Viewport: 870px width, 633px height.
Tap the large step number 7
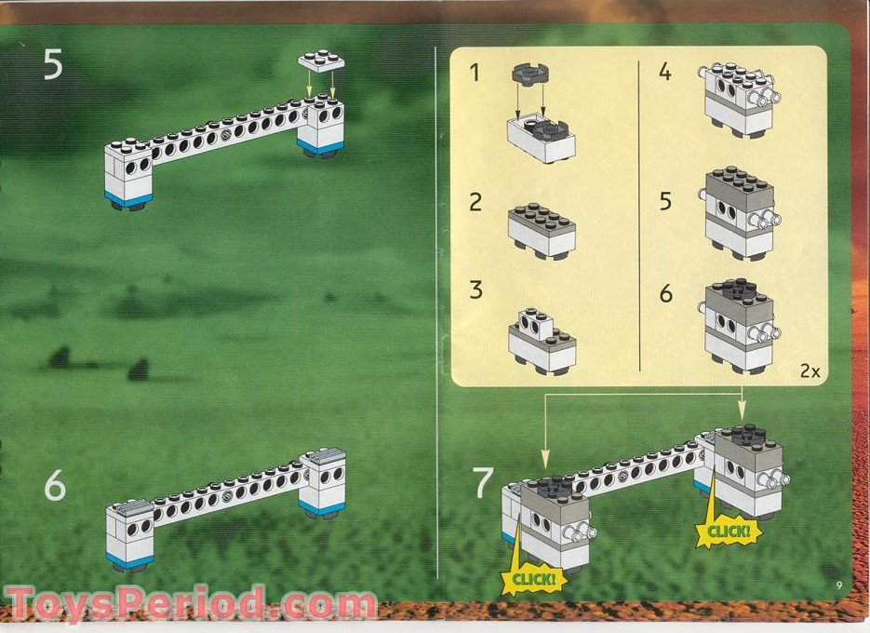point(482,483)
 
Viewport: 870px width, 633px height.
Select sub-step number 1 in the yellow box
point(475,71)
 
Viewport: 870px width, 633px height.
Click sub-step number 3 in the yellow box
point(475,289)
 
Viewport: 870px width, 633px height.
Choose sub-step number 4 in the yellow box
point(664,71)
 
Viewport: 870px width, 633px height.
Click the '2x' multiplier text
point(809,370)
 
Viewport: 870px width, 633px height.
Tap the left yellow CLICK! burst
point(533,579)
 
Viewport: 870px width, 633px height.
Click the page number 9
point(838,585)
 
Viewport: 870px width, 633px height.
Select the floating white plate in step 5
point(321,62)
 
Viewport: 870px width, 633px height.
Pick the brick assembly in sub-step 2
point(542,228)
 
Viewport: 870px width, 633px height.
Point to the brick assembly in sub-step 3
point(542,342)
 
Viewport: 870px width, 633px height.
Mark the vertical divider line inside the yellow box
point(639,214)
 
